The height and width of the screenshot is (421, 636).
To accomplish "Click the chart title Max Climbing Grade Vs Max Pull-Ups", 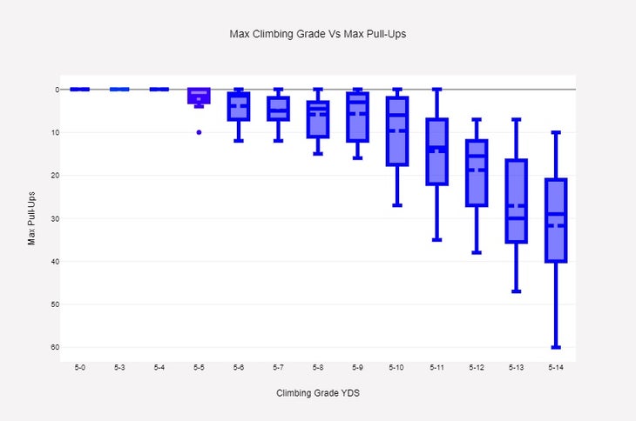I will coord(318,34).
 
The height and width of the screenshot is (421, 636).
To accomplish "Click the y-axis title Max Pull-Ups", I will coord(32,217).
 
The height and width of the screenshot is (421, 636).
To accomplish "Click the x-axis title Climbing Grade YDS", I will coord(318,393).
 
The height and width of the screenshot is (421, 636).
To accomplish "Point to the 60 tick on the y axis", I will coord(54,347).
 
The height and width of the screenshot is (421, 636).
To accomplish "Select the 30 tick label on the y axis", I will coord(54,218).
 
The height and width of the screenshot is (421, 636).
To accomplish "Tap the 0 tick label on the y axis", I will coord(56,90).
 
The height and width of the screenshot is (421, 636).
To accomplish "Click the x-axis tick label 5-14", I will coord(556,368).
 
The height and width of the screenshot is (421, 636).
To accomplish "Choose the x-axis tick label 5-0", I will coord(80,368).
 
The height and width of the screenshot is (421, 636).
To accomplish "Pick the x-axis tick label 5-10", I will coord(397,368).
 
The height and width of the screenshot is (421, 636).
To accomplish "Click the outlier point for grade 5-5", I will coord(199,132).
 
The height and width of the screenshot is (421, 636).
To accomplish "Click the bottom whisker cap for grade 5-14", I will coord(556,347).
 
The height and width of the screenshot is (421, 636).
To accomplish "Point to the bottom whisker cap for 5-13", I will coord(516,291).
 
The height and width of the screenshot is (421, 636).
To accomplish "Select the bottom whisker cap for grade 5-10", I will coord(397,205).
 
